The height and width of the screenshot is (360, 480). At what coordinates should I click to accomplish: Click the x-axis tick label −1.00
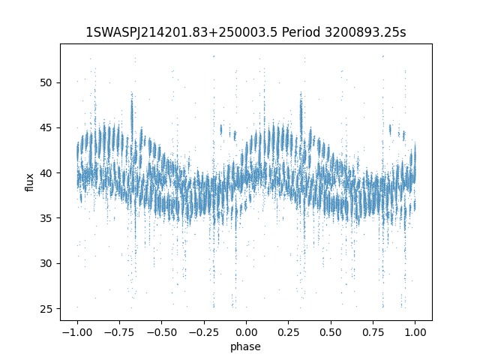[x=77, y=332]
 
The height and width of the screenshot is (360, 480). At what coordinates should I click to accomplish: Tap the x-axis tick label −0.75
[x=119, y=332]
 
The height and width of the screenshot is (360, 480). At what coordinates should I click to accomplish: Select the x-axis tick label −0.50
[x=162, y=332]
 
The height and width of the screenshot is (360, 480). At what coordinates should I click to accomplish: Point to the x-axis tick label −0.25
[x=204, y=332]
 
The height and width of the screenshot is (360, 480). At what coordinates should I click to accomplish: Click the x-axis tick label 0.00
[x=246, y=332]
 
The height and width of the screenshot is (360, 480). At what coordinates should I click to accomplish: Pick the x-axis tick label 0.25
[x=288, y=332]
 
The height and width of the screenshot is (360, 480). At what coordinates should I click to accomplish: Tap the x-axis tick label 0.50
[x=331, y=332]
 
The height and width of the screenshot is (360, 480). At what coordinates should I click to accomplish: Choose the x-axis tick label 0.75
[x=373, y=332]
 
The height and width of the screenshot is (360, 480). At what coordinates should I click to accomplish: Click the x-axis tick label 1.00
[x=415, y=332]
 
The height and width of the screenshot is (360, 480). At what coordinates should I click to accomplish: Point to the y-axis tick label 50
[x=46, y=83]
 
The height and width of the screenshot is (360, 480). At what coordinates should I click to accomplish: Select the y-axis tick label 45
[x=46, y=128]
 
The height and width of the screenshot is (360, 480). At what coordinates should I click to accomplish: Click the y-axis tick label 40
[x=46, y=173]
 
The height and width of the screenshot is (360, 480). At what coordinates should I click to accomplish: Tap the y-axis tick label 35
[x=46, y=218]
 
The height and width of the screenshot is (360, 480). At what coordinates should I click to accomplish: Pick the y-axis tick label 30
[x=46, y=263]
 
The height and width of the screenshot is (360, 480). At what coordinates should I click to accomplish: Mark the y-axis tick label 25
[x=46, y=309]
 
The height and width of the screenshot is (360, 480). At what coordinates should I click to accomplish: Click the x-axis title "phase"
[x=245, y=346]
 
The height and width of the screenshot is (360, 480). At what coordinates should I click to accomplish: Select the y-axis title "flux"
[x=29, y=182]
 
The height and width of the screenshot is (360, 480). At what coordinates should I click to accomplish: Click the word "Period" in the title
[x=301, y=32]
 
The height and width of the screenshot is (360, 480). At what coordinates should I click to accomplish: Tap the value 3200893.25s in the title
[x=365, y=32]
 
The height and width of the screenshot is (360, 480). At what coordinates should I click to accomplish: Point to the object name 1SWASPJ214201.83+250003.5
[x=181, y=32]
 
